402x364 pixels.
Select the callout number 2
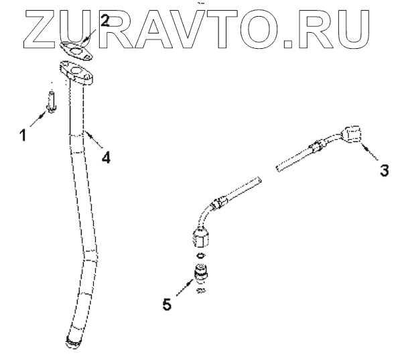pyautogui.click(x=105, y=20)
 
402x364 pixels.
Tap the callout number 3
pyautogui.click(x=384, y=170)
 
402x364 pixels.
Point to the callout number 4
pyautogui.click(x=105, y=157)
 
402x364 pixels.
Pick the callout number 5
pyautogui.click(x=167, y=304)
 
